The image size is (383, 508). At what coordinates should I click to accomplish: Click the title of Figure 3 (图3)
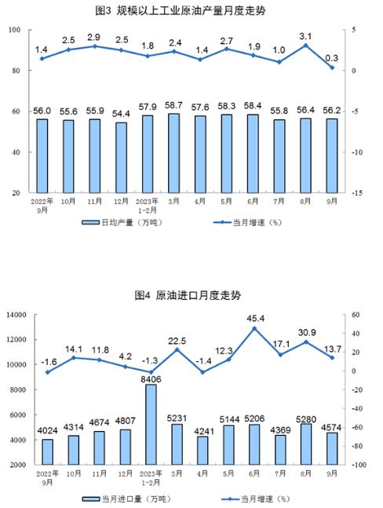point(181,11)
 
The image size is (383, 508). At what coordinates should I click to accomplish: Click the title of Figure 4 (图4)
point(188,295)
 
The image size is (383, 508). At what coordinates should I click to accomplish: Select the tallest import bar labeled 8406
point(151,425)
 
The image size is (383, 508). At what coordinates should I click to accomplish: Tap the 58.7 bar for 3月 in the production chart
point(174,153)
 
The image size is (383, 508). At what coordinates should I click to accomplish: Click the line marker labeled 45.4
point(254,328)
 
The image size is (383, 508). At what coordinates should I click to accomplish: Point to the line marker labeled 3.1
point(305,46)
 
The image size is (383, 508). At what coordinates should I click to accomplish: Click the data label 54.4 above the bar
point(121,114)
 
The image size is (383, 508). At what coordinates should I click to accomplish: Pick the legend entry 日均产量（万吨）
point(122,222)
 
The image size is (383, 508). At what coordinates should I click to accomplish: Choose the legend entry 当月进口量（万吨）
point(126,499)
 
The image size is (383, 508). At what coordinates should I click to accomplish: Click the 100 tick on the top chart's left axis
point(15,30)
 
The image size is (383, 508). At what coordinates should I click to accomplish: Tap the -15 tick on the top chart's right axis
point(357,193)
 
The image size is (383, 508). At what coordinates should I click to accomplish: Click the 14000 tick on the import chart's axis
point(16,315)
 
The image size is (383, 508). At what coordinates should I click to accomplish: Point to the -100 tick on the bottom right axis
point(359,465)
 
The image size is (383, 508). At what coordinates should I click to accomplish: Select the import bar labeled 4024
point(48,452)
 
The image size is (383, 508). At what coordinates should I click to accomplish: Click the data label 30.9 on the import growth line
point(306,332)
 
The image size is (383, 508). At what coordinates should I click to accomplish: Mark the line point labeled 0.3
point(332,68)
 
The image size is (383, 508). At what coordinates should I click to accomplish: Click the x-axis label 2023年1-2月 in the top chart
point(148,206)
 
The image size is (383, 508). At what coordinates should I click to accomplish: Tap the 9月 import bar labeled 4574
point(332,448)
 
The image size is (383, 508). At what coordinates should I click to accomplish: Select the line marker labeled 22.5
point(177,349)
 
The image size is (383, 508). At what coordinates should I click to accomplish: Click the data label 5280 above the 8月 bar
point(306,419)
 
